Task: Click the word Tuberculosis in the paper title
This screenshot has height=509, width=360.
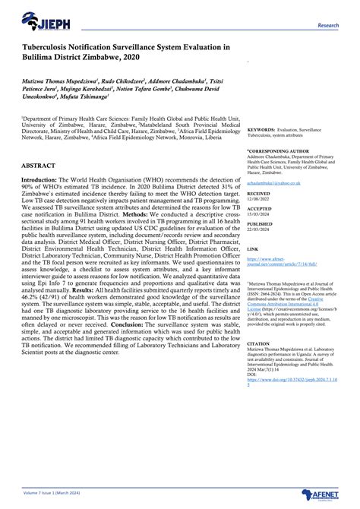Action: (51, 46)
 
